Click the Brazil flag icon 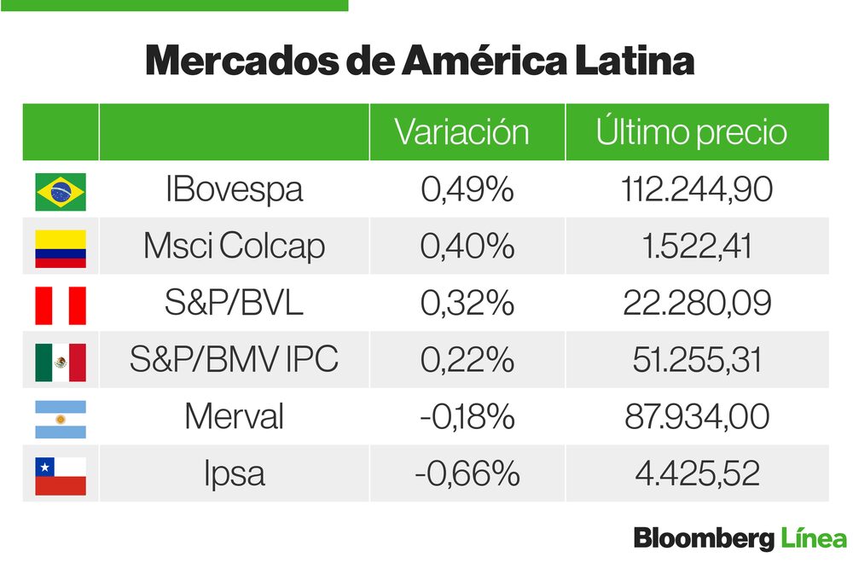pyautogui.click(x=61, y=191)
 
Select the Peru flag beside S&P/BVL pyautogui.click(x=61, y=305)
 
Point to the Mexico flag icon pyautogui.click(x=61, y=362)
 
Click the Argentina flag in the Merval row pyautogui.click(x=61, y=418)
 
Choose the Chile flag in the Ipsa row pyautogui.click(x=61, y=475)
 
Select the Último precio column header pyautogui.click(x=691, y=132)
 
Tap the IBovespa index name pyautogui.click(x=234, y=189)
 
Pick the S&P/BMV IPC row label pyautogui.click(x=234, y=360)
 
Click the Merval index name pyautogui.click(x=234, y=417)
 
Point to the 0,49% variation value pyautogui.click(x=467, y=189)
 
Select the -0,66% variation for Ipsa pyautogui.click(x=467, y=474)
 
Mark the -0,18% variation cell pyautogui.click(x=467, y=417)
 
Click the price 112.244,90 pyautogui.click(x=697, y=189)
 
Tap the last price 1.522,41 pyautogui.click(x=697, y=247)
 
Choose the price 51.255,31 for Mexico pyautogui.click(x=697, y=360)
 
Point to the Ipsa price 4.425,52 pyautogui.click(x=697, y=474)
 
